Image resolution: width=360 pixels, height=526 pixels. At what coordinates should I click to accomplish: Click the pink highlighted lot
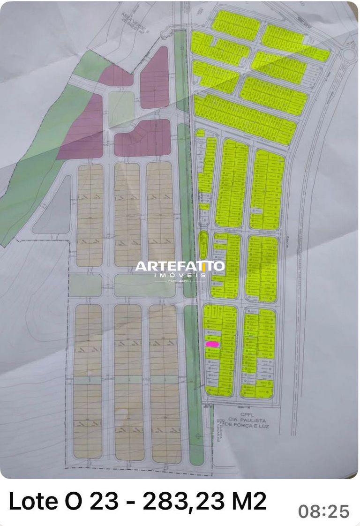tap(213, 344)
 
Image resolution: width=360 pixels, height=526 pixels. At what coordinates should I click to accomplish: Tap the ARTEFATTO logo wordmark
tap(180, 267)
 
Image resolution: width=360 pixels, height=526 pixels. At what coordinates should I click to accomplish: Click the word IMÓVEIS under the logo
tap(180, 275)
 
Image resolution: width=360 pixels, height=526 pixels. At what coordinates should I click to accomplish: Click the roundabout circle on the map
tap(349, 55)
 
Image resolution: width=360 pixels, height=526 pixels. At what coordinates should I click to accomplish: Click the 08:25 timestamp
tap(324, 511)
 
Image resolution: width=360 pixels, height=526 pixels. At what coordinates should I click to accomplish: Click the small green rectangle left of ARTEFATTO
tap(85, 285)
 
